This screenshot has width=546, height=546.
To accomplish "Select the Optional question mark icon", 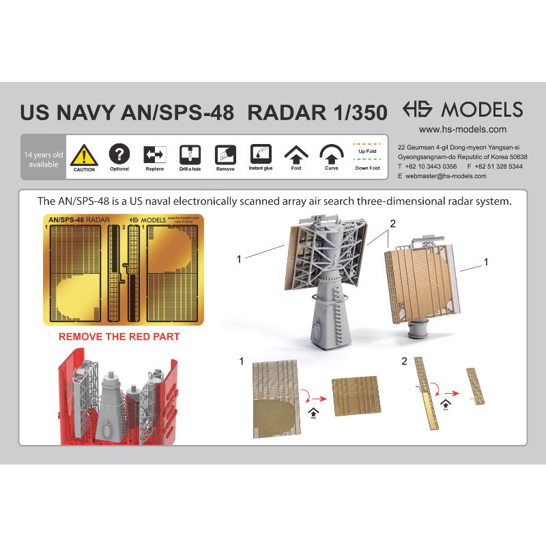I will [x=119, y=154].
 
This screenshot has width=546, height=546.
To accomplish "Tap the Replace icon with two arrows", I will [x=154, y=154].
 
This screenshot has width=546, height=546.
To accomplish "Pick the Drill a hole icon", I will [x=189, y=154].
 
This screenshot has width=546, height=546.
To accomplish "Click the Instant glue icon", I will [x=261, y=154].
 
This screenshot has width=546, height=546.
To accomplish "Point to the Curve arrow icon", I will [x=332, y=154].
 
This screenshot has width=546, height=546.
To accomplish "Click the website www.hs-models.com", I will [x=462, y=129].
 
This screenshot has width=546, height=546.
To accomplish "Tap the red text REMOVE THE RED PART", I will [x=119, y=336].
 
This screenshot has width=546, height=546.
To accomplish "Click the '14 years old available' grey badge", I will [x=43, y=159].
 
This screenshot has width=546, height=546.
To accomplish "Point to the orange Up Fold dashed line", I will [x=367, y=145].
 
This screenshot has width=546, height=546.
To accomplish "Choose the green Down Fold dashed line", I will [x=367, y=160].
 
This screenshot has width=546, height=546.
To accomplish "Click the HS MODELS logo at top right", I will [x=462, y=109].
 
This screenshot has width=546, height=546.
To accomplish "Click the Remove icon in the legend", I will [x=225, y=154].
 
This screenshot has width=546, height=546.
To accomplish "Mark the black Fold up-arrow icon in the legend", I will [x=296, y=154].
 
